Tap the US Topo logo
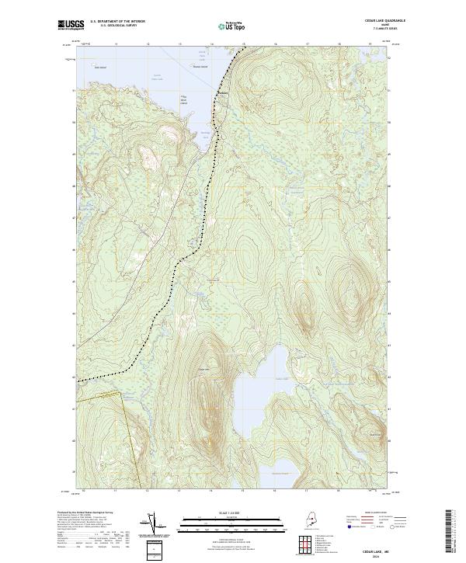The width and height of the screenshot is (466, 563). tap(233, 26)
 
